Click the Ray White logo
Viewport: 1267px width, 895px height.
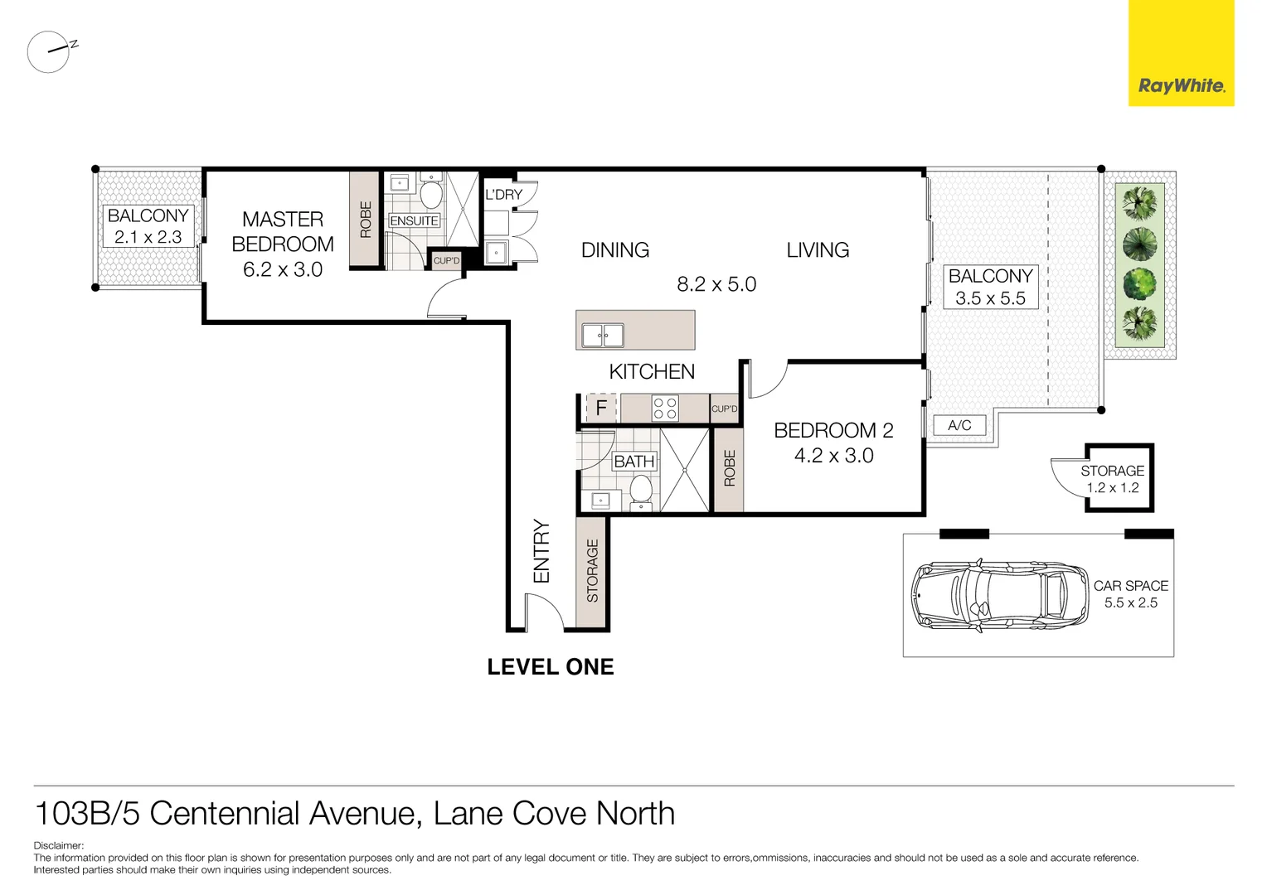1181,85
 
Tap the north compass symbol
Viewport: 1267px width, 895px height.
50,51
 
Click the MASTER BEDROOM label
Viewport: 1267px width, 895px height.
283,231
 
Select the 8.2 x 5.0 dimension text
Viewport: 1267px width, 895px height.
716,284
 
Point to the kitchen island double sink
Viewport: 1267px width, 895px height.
603,336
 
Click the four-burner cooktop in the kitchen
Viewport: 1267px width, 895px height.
665,408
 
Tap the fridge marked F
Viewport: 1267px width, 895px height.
602,408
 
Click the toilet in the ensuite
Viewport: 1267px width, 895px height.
430,192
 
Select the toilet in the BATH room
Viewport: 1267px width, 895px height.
641,489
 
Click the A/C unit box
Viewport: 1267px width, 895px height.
959,425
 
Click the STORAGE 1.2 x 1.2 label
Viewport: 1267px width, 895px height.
1112,479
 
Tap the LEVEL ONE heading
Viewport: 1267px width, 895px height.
551,667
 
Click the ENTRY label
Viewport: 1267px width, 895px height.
541,551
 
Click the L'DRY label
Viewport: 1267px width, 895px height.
504,195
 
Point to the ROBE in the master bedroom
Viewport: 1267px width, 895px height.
365,220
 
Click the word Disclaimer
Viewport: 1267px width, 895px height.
58,846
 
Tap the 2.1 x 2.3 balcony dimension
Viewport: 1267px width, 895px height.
148,237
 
